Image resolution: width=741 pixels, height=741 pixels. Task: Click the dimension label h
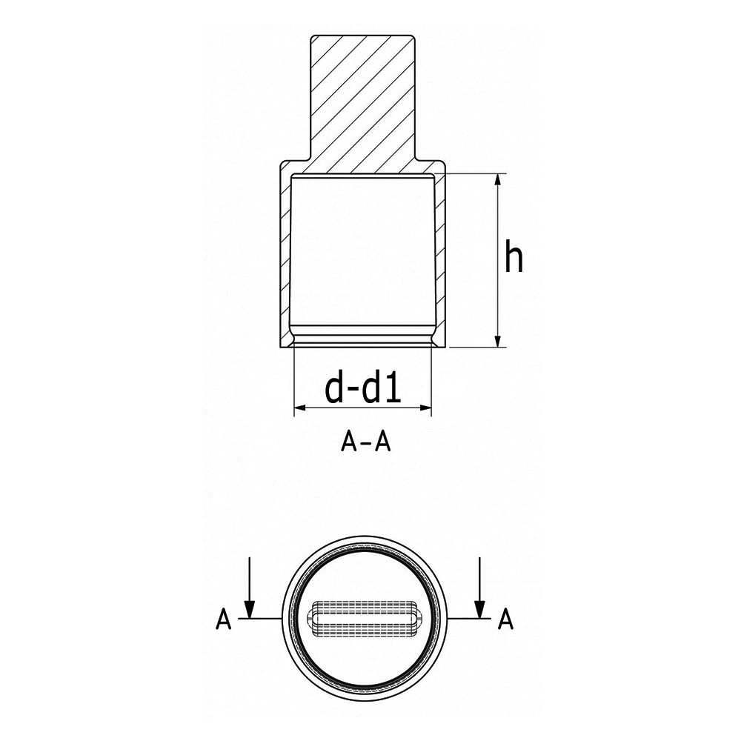pos(514,257)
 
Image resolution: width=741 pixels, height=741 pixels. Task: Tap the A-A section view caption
pos(365,442)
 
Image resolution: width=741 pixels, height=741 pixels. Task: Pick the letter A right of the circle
pos(505,619)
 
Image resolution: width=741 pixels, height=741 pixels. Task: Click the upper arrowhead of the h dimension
pos(496,181)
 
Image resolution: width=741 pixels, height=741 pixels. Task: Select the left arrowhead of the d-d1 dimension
pos(301,408)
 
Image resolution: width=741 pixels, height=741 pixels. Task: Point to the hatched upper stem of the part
pos(362,96)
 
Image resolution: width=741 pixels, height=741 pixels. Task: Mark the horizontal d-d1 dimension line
pos(362,408)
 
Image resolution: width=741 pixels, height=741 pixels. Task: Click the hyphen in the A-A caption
pos(365,443)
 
